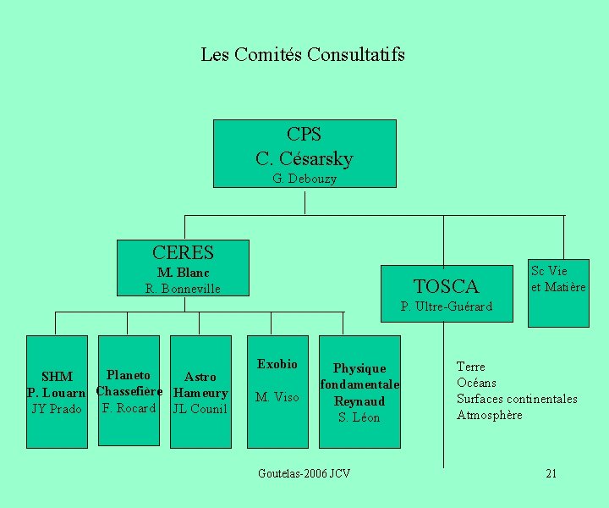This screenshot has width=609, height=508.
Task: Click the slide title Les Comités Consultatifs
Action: click(x=303, y=55)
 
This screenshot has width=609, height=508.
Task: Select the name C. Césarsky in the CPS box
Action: click(x=304, y=158)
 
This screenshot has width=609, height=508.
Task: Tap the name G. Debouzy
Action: click(x=304, y=179)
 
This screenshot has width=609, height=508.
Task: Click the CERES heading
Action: click(x=183, y=252)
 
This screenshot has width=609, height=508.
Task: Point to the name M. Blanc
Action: click(x=183, y=273)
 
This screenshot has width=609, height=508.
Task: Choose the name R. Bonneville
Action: click(x=183, y=289)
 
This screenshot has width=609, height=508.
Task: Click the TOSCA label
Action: click(x=446, y=286)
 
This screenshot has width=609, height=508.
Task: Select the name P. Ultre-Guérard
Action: click(x=446, y=306)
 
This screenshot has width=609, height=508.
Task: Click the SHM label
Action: click(x=57, y=377)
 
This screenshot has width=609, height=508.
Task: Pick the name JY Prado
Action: click(x=57, y=410)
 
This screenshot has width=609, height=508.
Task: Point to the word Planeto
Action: click(x=129, y=375)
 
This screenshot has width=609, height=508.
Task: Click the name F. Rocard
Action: click(x=129, y=408)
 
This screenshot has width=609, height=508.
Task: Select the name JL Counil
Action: click(x=200, y=410)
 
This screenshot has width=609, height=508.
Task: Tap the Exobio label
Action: click(x=277, y=364)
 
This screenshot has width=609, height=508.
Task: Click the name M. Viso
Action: click(x=277, y=397)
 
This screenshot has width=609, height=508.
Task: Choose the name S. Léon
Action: click(x=359, y=417)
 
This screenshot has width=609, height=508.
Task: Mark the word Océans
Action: click(x=476, y=383)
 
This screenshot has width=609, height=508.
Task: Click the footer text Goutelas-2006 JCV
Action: click(x=304, y=473)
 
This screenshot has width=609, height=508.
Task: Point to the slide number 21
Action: click(x=551, y=473)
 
